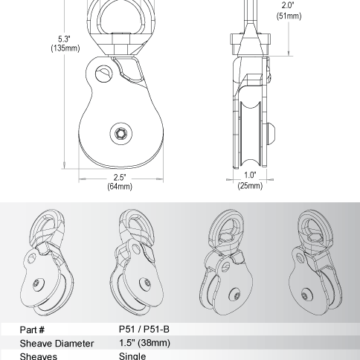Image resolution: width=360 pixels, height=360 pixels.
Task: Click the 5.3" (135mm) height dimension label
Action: click(x=65, y=44)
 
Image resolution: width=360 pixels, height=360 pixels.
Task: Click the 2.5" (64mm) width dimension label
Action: click(x=120, y=181)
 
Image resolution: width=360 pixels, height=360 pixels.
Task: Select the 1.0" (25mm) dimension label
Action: click(x=250, y=180)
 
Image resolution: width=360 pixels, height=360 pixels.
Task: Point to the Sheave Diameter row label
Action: click(x=57, y=343)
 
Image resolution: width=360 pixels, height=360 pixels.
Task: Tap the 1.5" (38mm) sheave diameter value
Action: click(x=144, y=343)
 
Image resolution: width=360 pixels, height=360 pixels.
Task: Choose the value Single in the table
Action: click(x=132, y=356)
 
